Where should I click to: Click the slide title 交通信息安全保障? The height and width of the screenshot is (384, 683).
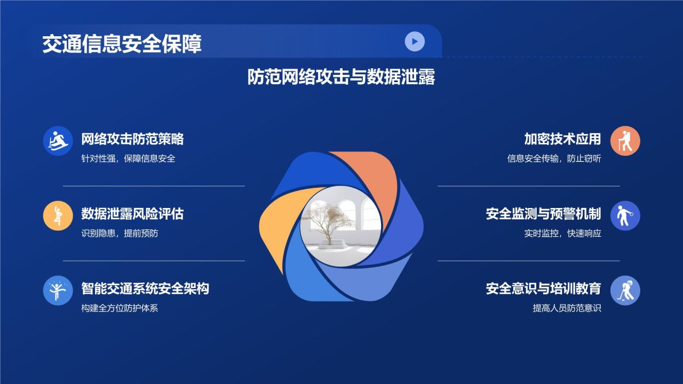coord(122,44)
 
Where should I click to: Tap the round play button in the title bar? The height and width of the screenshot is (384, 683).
coord(415,41)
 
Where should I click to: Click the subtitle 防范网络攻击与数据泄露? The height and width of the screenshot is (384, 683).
coord(341,77)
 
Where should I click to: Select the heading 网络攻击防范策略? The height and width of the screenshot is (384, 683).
coord(132,139)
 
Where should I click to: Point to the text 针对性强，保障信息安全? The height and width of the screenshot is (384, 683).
coord(128,158)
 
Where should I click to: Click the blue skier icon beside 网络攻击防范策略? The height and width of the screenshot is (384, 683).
coord(58,141)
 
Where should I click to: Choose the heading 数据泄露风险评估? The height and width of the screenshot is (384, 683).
coord(132,214)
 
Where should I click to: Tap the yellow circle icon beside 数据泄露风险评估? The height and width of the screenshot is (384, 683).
coord(58,215)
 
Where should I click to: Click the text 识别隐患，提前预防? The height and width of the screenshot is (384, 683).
coord(120,233)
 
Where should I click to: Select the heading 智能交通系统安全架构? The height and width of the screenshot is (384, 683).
coord(145,289)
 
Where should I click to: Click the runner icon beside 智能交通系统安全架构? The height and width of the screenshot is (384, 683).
coord(58,290)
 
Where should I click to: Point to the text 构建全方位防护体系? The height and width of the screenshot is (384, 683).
coord(120,308)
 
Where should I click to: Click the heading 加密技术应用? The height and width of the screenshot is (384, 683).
coord(562,139)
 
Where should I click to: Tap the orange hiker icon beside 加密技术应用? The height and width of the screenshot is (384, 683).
coord(625,141)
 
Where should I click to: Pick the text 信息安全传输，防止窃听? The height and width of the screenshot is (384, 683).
coord(554,158)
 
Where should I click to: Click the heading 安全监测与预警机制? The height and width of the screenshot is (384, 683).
coord(543,214)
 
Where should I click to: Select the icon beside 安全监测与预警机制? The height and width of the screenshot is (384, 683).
coord(625,215)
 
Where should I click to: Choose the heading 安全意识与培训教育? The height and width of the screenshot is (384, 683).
coord(543,289)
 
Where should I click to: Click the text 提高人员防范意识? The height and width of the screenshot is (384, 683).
coord(567,308)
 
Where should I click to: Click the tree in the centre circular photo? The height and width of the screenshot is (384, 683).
coord(327,221)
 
